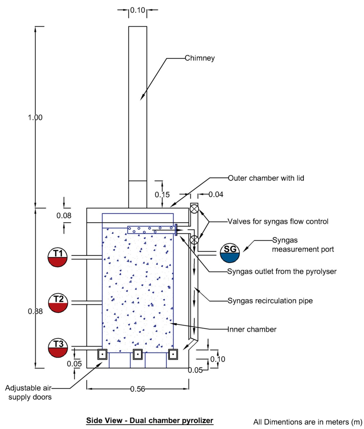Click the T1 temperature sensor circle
pyautogui.click(x=57, y=257)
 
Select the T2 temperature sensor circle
pyautogui.click(x=58, y=303)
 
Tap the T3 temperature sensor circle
pyautogui.click(x=58, y=348)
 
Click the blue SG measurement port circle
pyautogui.click(x=230, y=253)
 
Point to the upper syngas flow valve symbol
pyautogui.click(x=194, y=209)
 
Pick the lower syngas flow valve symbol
pyautogui.click(x=194, y=240)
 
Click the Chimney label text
pyautogui.click(x=199, y=58)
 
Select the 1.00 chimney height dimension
pyautogui.click(x=35, y=117)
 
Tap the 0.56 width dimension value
pyautogui.click(x=138, y=389)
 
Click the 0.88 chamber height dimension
pyautogui.click(x=35, y=311)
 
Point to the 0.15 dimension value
pyautogui.click(x=162, y=195)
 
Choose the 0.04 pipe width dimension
pyautogui.click(x=216, y=194)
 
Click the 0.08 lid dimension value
pyautogui.click(x=64, y=215)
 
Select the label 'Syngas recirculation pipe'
pyautogui.click(x=270, y=301)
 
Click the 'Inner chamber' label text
pyautogui.click(x=252, y=330)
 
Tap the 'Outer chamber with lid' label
pyautogui.click(x=266, y=178)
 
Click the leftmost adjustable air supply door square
pyautogui.click(x=102, y=354)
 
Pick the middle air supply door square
pyautogui.click(x=138, y=354)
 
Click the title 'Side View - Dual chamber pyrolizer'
pyautogui.click(x=149, y=421)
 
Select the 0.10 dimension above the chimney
pyautogui.click(x=138, y=10)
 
